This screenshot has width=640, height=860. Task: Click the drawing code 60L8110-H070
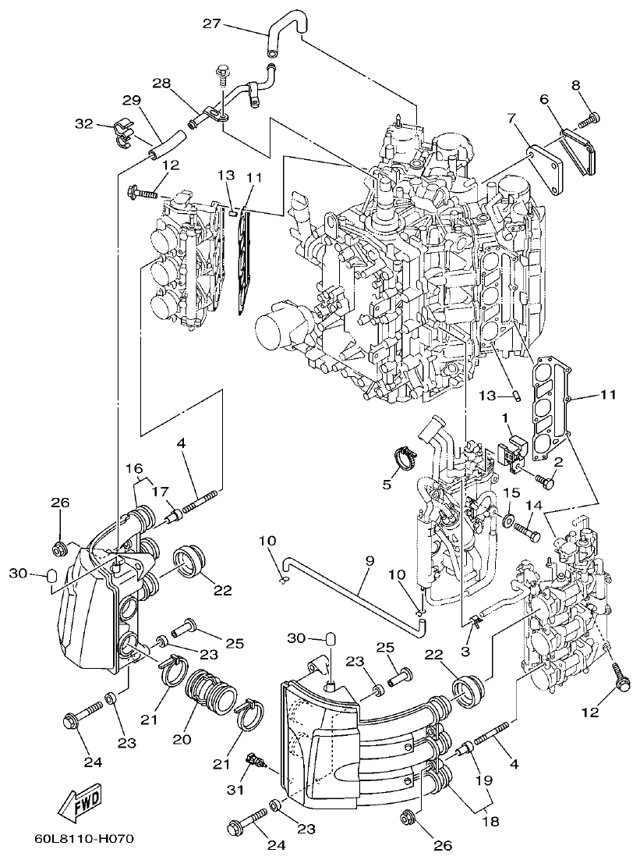[x=84, y=840]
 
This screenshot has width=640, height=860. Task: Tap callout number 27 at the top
[x=211, y=23]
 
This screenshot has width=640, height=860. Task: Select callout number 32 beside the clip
[x=83, y=123]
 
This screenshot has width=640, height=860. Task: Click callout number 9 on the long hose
[x=370, y=560]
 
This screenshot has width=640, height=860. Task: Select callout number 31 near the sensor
[x=236, y=790]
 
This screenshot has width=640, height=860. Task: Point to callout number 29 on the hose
[x=131, y=101]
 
